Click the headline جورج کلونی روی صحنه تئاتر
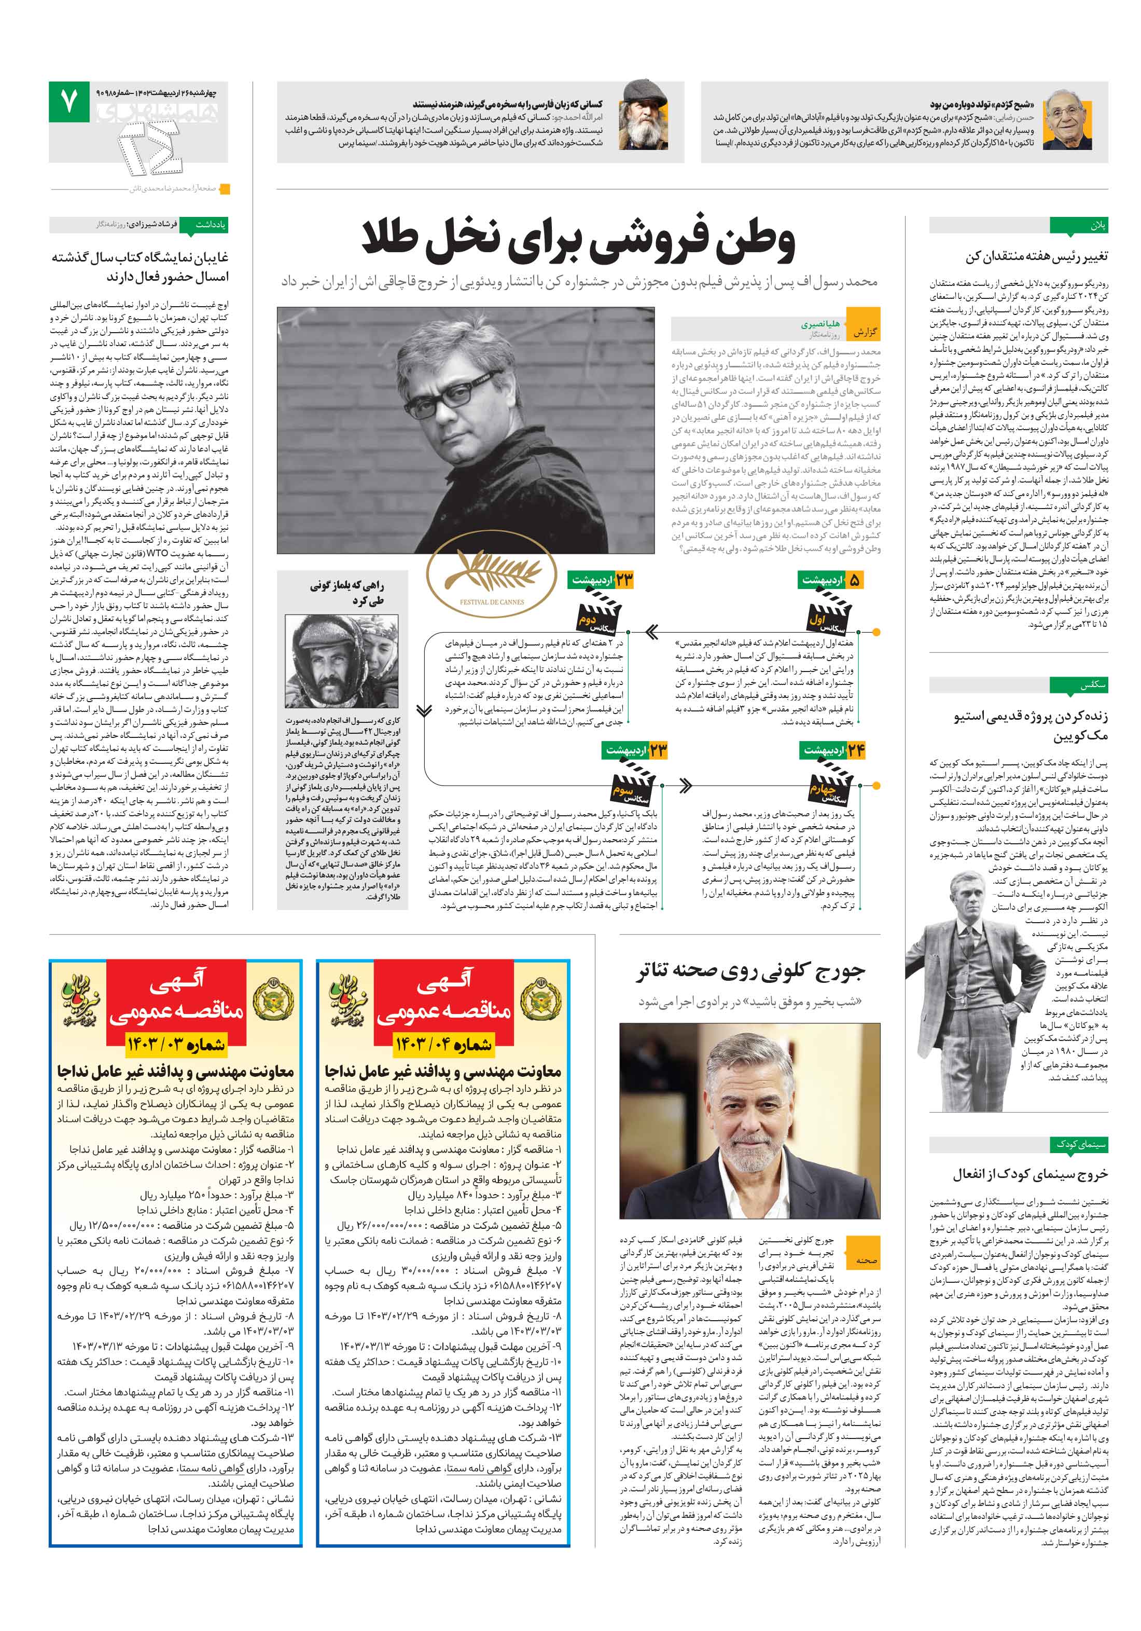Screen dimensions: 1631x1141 (x=750, y=970)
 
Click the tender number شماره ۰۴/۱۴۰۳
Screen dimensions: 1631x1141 (x=443, y=1044)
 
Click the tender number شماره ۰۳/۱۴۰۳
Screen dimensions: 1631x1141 (x=175, y=1044)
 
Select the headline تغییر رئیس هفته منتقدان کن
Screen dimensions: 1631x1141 (x=1035, y=256)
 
